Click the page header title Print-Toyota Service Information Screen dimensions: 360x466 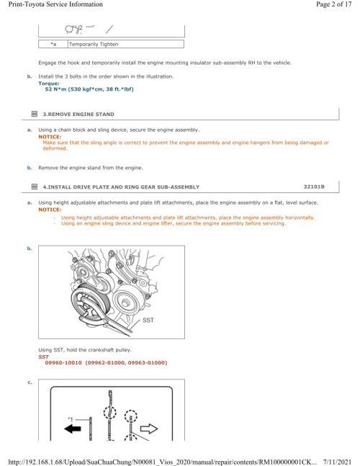tap(55, 4)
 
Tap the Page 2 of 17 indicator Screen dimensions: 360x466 tap(333, 4)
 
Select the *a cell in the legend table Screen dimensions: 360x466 tap(53, 44)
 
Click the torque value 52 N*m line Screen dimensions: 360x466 tap(89, 89)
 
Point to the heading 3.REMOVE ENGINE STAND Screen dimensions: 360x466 tap(78, 114)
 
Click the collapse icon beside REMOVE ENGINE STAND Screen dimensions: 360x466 tap(35, 114)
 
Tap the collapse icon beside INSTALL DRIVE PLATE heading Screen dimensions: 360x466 tap(35, 187)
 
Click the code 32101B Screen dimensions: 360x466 tap(314, 187)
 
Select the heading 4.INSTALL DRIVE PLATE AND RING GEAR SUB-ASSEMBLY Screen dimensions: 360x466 tap(121, 187)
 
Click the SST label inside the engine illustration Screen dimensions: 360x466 tap(148, 320)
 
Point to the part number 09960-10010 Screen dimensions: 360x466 tap(63, 362)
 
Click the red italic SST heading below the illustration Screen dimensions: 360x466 tap(43, 357)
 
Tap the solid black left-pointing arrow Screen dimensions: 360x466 tap(73, 429)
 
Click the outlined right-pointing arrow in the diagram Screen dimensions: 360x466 tap(149, 429)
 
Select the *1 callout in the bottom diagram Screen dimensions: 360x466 tap(70, 419)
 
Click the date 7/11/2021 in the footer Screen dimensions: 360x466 tap(337, 462)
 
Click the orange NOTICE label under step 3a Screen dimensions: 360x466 tap(50, 137)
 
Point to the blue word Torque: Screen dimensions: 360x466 tap(49, 84)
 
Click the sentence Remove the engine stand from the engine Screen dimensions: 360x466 tap(91, 168)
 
